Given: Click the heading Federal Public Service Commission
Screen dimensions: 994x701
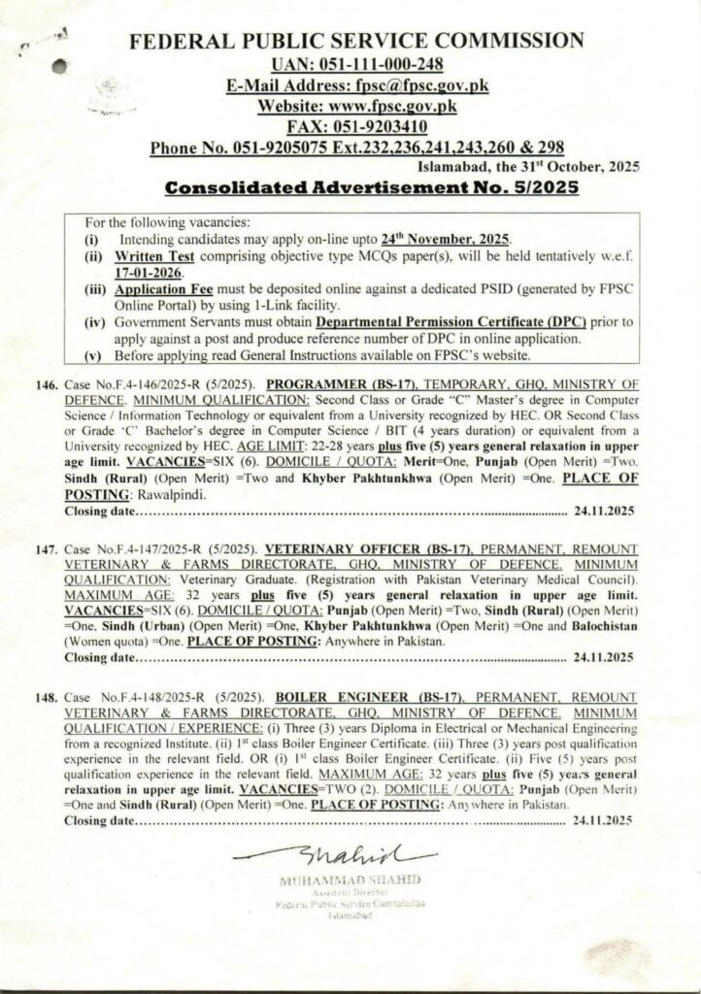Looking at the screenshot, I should pyautogui.click(x=356, y=41).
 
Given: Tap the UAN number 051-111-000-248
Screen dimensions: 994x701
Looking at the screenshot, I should pyautogui.click(x=356, y=64).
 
